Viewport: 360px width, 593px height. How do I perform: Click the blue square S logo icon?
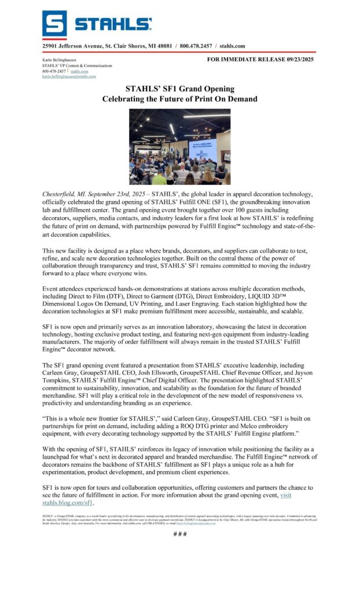point(54,23)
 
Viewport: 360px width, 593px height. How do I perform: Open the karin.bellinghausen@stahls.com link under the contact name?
point(69,76)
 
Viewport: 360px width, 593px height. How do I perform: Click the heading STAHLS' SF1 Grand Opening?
point(179,89)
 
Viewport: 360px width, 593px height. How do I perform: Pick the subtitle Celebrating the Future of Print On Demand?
point(179,99)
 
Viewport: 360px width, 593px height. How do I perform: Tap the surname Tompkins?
point(60,383)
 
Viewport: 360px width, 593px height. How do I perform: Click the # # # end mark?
point(180,533)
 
